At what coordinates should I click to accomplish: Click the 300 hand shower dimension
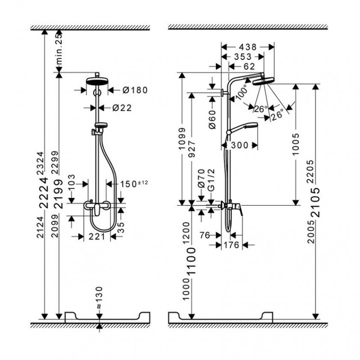(241, 146)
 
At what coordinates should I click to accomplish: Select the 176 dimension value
(232, 245)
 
